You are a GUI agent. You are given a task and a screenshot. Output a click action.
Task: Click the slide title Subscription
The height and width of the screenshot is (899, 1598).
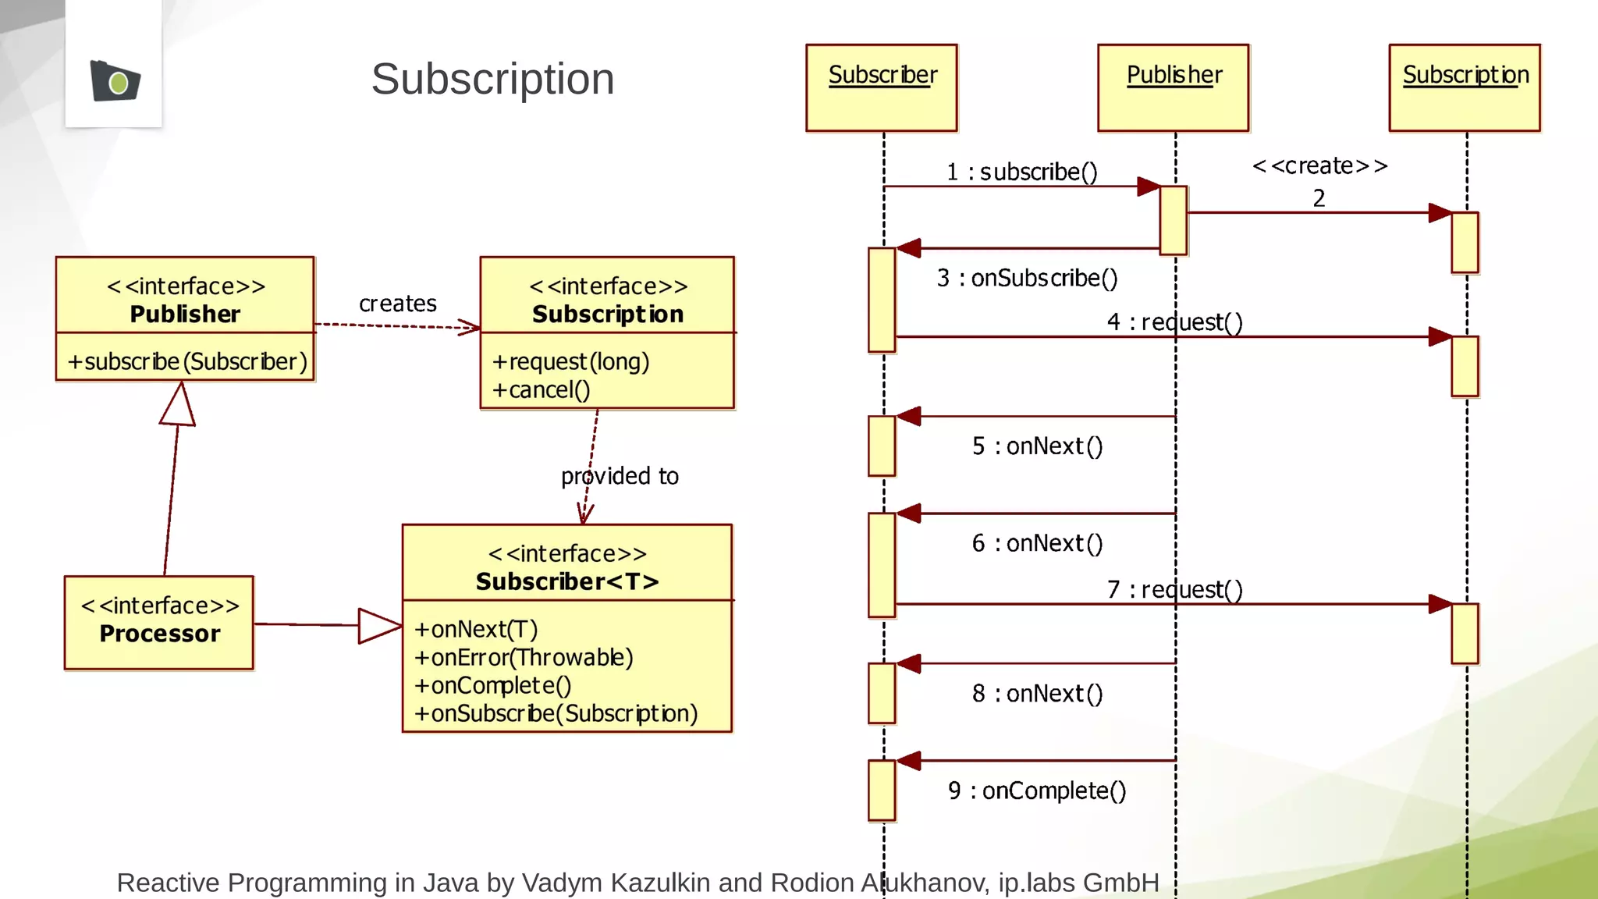[492, 79]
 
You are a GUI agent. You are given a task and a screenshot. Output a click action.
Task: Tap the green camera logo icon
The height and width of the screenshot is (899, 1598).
[115, 80]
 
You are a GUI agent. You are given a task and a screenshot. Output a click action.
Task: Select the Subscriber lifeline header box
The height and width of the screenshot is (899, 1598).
[882, 87]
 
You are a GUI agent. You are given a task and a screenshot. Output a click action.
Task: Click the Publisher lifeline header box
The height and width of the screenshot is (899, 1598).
[1174, 87]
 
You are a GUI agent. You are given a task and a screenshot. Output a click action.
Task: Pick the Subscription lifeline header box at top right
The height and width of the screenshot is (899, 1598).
[1465, 87]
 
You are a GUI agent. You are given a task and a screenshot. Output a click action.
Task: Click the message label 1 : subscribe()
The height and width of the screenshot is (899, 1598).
[1021, 172]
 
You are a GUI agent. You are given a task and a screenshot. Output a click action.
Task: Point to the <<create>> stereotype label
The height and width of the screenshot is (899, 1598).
[1319, 165]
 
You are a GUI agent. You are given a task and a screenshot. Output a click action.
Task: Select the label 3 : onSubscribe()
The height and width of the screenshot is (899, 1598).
[1027, 278]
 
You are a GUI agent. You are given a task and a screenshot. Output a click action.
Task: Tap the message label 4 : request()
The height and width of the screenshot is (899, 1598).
[1174, 322]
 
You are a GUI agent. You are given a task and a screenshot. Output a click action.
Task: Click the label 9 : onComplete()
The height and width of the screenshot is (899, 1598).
[1037, 791]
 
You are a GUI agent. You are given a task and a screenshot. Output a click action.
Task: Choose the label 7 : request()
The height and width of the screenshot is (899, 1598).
[1174, 589]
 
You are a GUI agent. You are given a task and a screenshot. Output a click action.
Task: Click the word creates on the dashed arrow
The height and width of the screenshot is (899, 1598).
[397, 303]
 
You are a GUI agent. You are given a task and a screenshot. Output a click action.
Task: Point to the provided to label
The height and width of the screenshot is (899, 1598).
[620, 476]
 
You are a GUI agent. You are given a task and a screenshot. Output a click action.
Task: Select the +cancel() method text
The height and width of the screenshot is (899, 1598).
[541, 389]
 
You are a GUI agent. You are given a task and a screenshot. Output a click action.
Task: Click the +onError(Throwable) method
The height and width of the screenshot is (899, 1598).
[524, 657]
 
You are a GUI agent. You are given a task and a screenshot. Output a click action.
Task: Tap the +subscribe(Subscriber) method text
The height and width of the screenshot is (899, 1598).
[187, 361]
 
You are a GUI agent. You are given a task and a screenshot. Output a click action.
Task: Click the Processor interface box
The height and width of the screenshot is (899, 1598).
[159, 622]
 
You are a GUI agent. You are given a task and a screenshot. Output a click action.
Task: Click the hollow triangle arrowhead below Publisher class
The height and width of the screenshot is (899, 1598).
[179, 404]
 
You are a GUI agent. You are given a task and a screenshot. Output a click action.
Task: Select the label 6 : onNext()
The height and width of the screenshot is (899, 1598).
[1037, 543]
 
